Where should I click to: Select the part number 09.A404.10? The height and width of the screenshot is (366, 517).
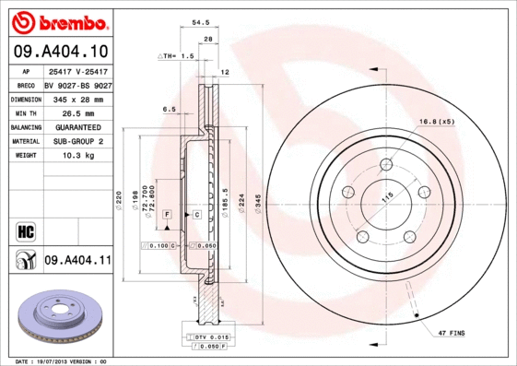[60, 51]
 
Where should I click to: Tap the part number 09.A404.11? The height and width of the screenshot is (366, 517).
[77, 262]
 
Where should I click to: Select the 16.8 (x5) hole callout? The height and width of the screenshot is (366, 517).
[437, 122]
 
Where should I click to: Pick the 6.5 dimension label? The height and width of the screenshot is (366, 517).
[170, 109]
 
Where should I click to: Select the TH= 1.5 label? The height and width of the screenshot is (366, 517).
[181, 56]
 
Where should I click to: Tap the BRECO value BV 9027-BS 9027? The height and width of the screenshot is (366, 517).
[77, 84]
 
